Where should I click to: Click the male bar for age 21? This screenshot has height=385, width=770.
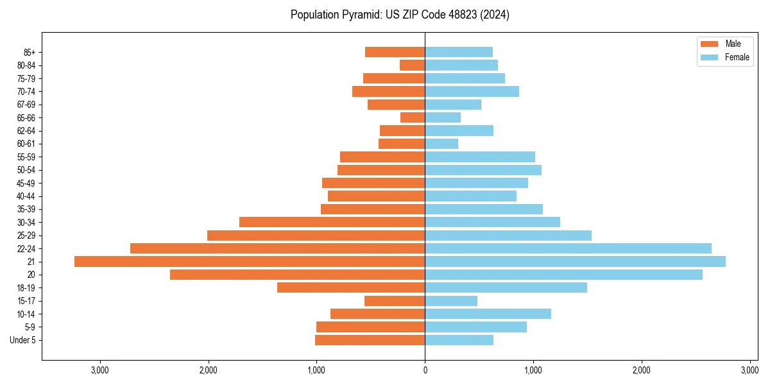pos(250,261)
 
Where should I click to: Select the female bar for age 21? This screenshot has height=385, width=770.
pos(575,261)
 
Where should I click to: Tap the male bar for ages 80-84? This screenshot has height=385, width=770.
pos(412,65)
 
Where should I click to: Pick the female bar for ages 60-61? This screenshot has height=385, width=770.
pos(441,144)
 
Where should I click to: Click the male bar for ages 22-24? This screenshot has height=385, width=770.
pos(277,248)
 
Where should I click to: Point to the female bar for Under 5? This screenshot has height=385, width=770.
pos(459,340)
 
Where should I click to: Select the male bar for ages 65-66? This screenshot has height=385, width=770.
pos(413,117)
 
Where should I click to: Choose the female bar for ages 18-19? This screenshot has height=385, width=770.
pos(506,287)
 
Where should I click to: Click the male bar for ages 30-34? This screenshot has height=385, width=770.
pos(332,222)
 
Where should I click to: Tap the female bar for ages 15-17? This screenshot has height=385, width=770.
pos(451,301)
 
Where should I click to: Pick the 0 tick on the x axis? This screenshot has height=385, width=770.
pos(425,370)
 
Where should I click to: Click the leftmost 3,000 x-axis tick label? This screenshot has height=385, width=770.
pos(100,370)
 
